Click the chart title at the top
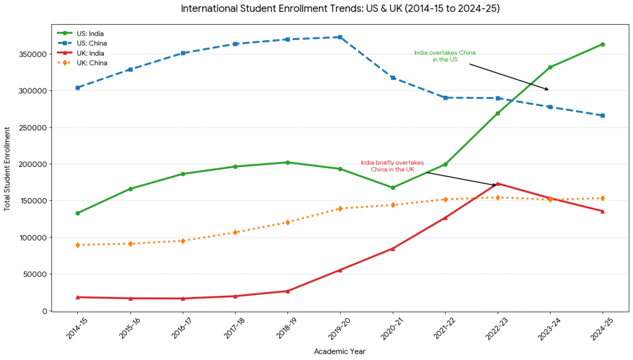click(340, 9)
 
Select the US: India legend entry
click(80, 33)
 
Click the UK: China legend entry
click(82, 63)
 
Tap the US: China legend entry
click(82, 43)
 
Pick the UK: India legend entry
click(81, 53)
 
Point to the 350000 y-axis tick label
click(33, 54)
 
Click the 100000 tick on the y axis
click(33, 238)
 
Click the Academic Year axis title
click(339, 351)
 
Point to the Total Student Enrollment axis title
click(7, 169)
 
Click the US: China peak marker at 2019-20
click(340, 37)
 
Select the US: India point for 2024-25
click(602, 45)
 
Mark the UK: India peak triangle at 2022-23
click(498, 184)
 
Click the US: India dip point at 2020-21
click(393, 187)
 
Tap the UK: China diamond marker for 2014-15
click(77, 245)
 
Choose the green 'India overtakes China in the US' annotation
click(445, 56)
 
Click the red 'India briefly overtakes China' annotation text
click(393, 166)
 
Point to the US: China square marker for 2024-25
click(602, 116)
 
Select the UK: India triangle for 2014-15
click(77, 298)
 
